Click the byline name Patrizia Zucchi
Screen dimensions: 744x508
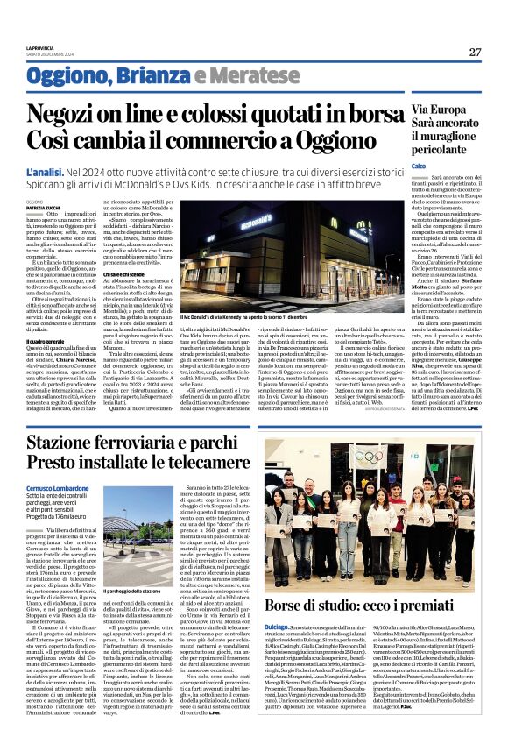pos(43,208)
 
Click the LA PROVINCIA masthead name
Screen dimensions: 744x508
pos(40,47)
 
